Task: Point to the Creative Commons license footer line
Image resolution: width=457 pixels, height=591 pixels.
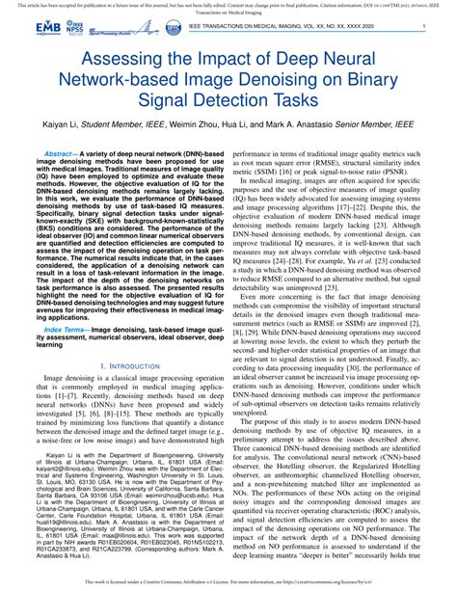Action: pyautogui.click(x=228, y=583)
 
